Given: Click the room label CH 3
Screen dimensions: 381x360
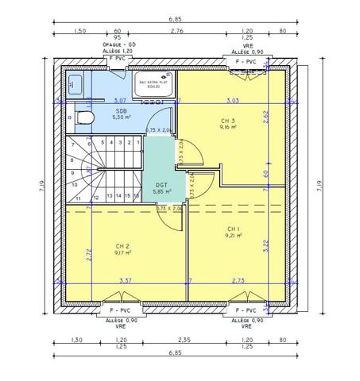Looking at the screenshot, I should coord(228,121).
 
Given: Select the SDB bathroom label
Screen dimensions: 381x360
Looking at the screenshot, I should coord(121,112).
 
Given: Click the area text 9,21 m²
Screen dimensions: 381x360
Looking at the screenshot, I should coord(233,235).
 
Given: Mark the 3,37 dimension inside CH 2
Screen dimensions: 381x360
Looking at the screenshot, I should coord(126,280).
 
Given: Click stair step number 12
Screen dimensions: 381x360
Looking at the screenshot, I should coord(96,195).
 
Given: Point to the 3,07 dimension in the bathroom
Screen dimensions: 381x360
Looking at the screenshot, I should coord(120,101).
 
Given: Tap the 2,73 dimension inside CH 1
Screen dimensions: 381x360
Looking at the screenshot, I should coord(238,280).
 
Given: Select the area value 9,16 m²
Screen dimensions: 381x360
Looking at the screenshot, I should coord(228,129).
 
